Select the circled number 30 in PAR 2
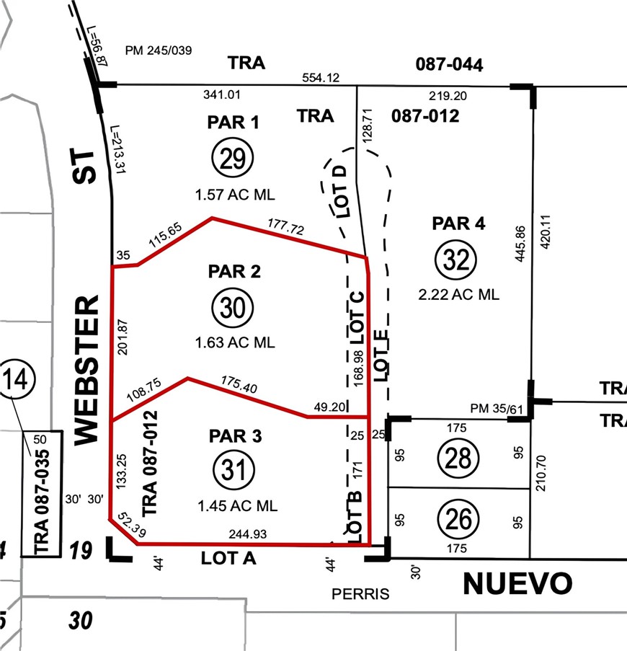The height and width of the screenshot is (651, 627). pos(233,308)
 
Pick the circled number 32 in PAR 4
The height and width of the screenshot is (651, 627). pos(456,260)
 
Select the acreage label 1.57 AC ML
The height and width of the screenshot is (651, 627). pos(235,195)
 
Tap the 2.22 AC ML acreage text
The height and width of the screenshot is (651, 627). pos(459,294)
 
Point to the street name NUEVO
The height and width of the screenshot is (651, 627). pos(517,583)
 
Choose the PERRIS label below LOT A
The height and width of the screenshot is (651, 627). pos(360,594)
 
